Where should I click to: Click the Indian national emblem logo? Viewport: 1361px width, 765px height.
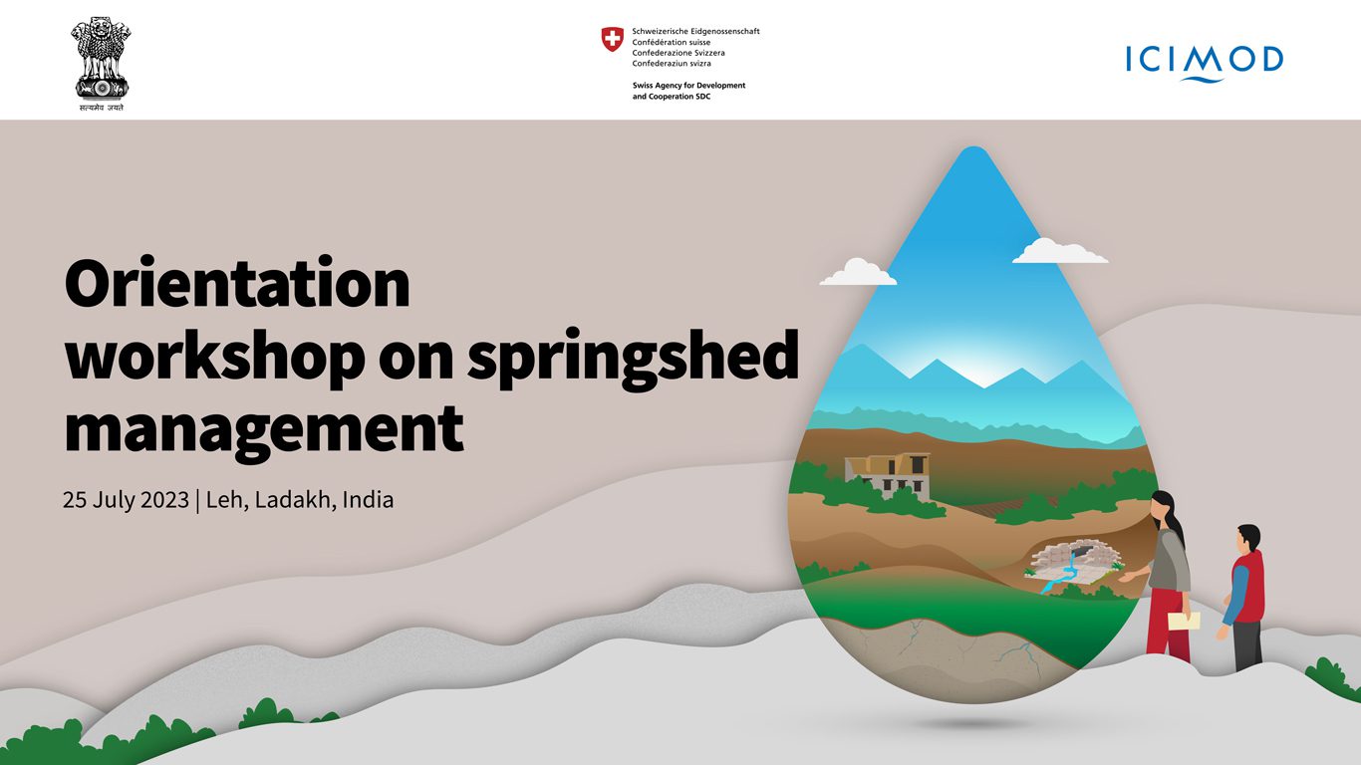pos(101,63)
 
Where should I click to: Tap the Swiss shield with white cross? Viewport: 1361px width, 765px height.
pos(612,38)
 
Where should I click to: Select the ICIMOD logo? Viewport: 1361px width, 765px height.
pos(1204,63)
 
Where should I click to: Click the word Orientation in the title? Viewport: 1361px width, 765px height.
pos(237,283)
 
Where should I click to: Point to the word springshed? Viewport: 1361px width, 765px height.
pos(633,360)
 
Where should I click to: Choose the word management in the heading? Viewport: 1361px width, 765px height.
pos(264,430)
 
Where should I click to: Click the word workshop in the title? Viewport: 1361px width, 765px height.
pos(215,357)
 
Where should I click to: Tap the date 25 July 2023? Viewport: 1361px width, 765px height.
pos(126,500)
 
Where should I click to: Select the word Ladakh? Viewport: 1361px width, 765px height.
pos(294,500)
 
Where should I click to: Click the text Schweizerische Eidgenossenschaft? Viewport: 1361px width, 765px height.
pos(695,31)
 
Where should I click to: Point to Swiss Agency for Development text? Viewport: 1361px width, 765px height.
pos(689,86)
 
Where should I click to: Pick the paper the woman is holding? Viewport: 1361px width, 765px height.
pos(1184,621)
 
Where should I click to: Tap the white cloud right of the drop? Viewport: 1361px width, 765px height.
pos(1060,251)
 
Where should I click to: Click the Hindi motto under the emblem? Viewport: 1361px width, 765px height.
pos(101,108)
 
